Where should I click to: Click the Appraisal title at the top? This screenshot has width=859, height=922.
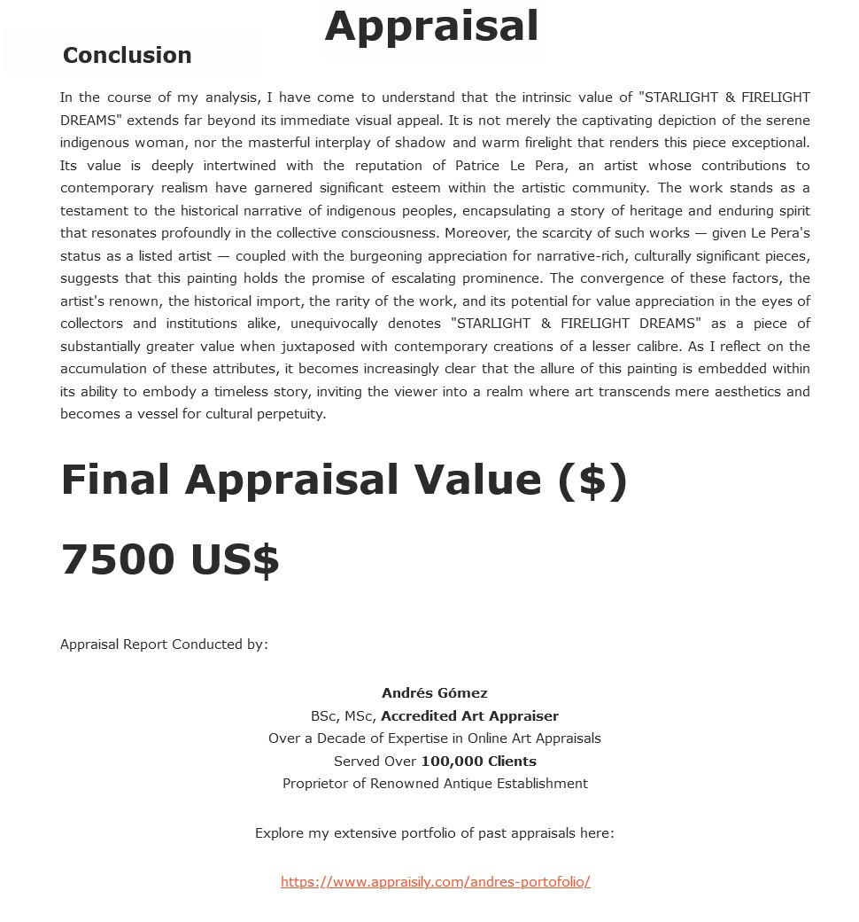click(x=431, y=26)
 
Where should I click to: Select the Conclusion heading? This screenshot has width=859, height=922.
click(x=127, y=55)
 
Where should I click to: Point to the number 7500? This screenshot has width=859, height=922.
click(x=118, y=559)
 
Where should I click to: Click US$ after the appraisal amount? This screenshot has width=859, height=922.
click(x=235, y=559)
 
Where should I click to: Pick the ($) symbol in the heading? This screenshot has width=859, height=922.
click(x=592, y=480)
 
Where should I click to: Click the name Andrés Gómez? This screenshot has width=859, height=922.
click(x=434, y=693)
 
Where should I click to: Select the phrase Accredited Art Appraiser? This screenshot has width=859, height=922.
click(x=469, y=715)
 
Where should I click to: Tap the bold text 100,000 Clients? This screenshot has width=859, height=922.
click(x=478, y=761)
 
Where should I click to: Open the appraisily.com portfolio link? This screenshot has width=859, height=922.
click(x=435, y=881)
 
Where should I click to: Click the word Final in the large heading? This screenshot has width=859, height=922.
click(x=114, y=480)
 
